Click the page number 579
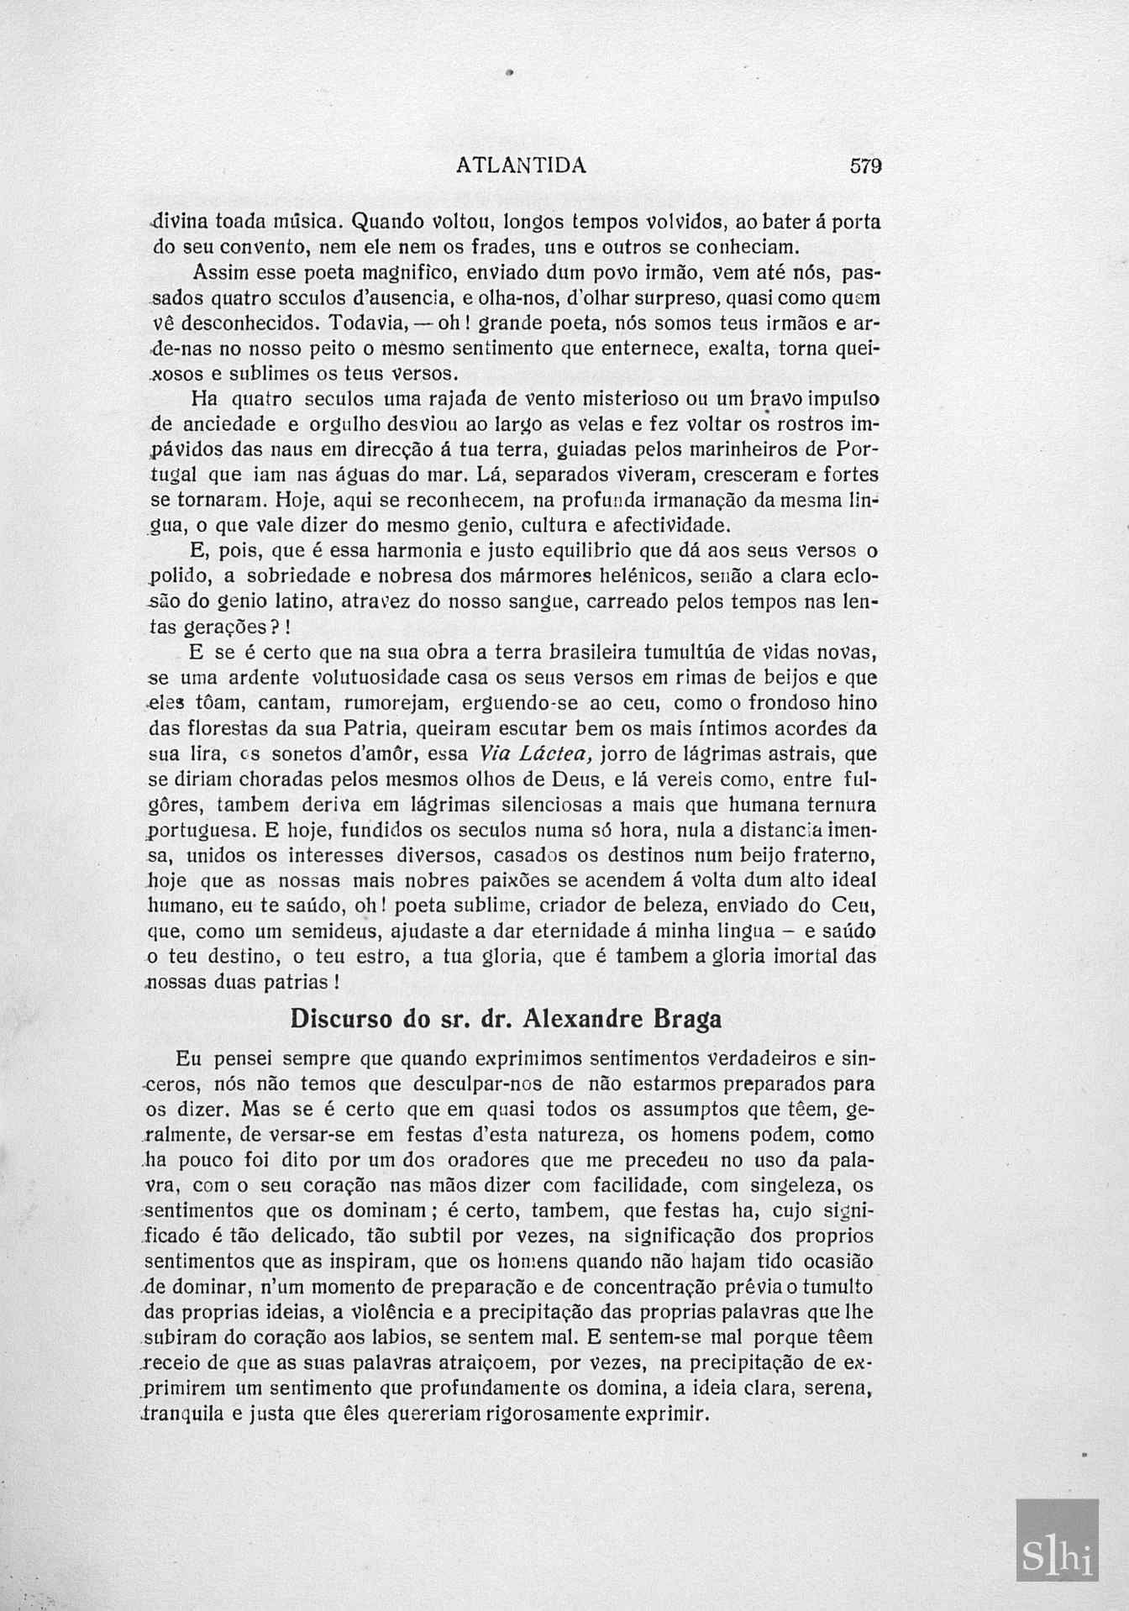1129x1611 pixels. click(x=865, y=165)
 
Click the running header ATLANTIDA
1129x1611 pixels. click(x=521, y=165)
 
